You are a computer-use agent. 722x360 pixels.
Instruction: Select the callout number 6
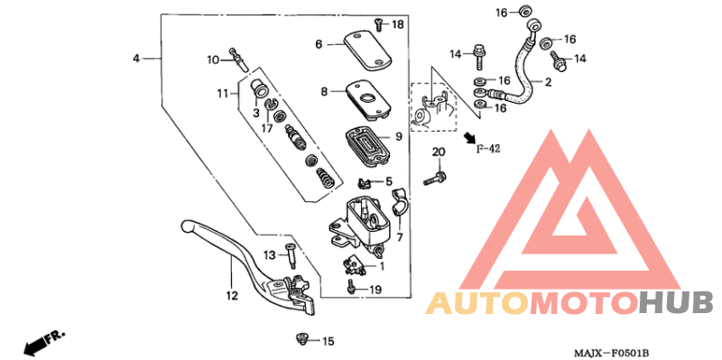tap(319, 43)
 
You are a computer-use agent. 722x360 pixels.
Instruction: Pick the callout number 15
tap(328, 341)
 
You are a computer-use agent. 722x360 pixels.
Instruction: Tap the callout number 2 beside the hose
tap(547, 83)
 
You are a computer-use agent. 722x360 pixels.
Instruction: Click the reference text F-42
tap(487, 149)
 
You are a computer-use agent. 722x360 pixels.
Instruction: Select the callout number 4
tap(136, 58)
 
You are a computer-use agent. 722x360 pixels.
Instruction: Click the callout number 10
tap(213, 60)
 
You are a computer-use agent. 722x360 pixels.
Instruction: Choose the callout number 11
tap(221, 93)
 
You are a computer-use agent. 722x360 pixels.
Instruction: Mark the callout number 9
tap(397, 138)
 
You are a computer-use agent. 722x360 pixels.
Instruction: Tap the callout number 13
tap(269, 255)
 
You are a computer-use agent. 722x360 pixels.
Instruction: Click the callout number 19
tap(375, 290)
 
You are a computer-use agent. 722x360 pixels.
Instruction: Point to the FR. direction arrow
tap(45, 341)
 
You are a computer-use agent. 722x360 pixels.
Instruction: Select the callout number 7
tap(399, 237)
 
